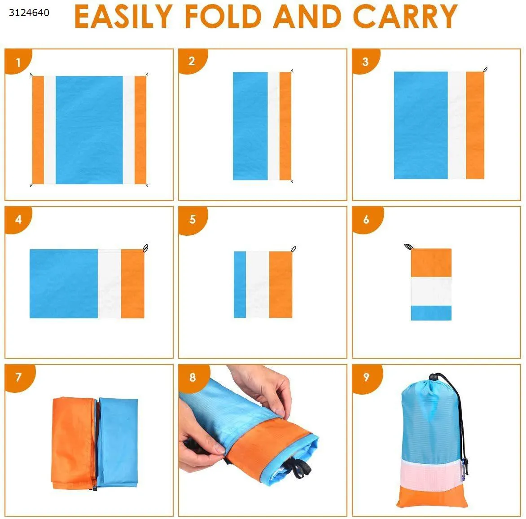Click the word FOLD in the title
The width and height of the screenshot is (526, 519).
(223, 16)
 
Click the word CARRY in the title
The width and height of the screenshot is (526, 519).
(405, 16)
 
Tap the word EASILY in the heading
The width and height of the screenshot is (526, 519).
(123, 16)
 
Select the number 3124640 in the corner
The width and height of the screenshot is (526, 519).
(29, 13)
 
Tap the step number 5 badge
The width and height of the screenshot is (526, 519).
(192, 220)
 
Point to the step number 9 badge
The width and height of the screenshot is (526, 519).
(366, 378)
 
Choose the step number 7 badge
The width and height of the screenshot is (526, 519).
(19, 377)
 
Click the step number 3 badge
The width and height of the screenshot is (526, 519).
(365, 62)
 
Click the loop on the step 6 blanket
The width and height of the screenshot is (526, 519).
(408, 246)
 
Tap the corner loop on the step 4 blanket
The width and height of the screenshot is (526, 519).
(145, 248)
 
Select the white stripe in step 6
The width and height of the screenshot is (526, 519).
(431, 291)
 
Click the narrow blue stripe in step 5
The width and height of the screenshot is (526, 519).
(240, 285)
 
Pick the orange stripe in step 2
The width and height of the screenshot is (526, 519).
(285, 126)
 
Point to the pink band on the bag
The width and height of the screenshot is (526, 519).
(430, 474)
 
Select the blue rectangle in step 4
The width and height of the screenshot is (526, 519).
(64, 284)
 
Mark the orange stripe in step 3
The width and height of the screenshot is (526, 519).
(475, 125)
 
